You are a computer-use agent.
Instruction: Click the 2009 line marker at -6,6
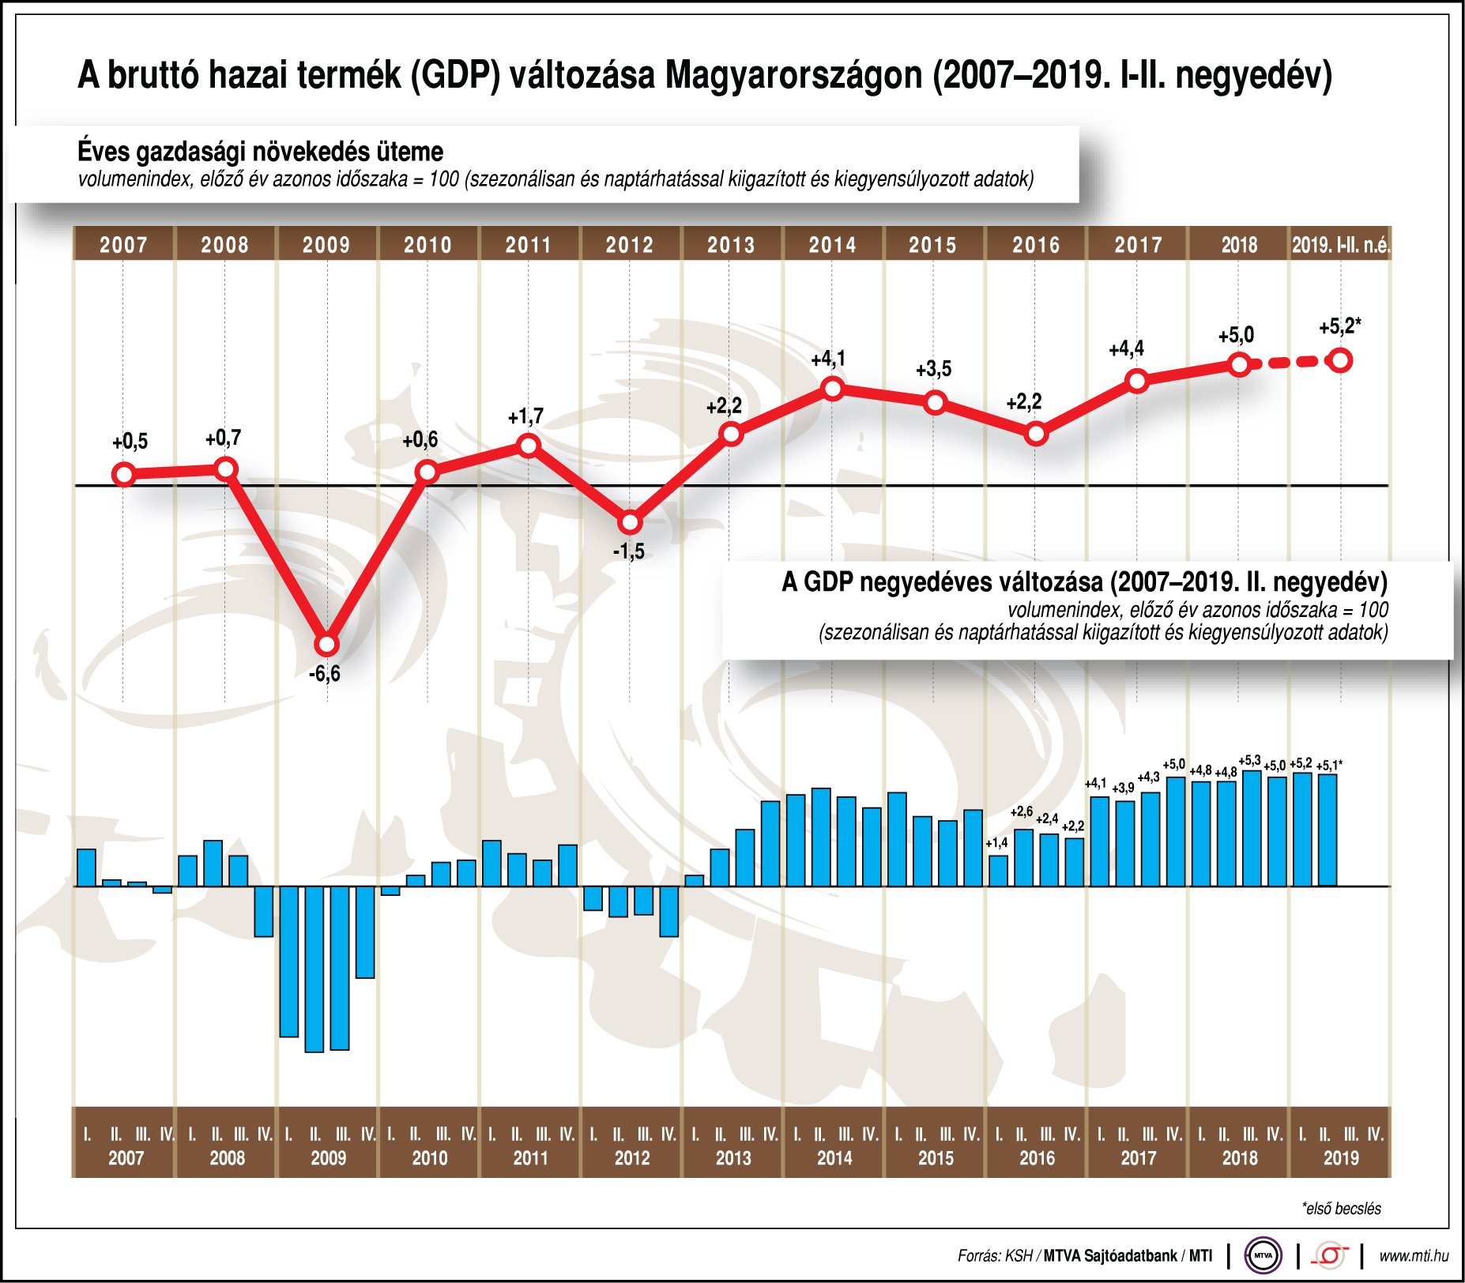click(x=326, y=645)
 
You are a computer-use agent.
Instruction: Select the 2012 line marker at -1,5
click(x=630, y=523)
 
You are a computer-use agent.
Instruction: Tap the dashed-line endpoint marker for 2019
click(x=1341, y=361)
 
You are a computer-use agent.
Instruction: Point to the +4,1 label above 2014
click(x=828, y=359)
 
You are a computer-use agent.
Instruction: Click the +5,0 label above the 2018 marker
click(x=1236, y=335)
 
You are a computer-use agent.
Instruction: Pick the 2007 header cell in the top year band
click(x=123, y=244)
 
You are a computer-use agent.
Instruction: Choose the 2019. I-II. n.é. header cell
click(x=1340, y=244)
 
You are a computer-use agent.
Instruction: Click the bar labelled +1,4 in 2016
click(x=998, y=871)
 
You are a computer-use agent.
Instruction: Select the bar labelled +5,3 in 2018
click(x=1252, y=828)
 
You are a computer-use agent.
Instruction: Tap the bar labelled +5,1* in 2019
click(x=1328, y=830)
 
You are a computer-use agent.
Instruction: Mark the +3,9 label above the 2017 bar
click(x=1123, y=788)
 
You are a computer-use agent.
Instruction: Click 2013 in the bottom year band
click(x=733, y=1158)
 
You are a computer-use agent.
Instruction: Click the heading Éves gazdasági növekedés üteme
click(x=260, y=151)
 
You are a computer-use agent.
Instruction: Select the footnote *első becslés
click(x=1341, y=1209)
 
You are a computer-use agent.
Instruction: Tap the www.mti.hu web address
click(x=1413, y=1255)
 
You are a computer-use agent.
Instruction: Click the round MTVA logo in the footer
click(x=1263, y=1255)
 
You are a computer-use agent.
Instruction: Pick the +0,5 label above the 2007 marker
click(x=130, y=442)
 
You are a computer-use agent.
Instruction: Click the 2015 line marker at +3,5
click(x=935, y=403)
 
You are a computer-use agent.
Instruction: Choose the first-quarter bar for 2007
click(x=86, y=867)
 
